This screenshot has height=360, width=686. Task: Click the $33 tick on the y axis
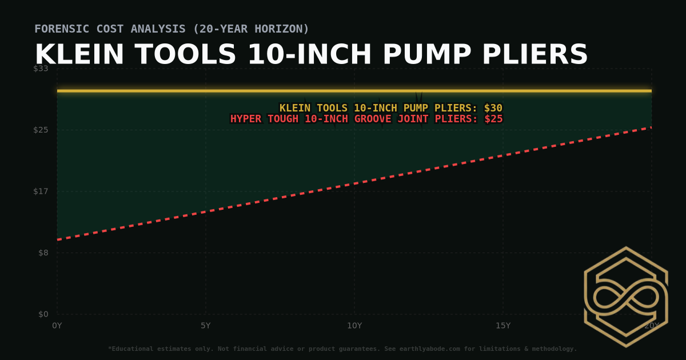click(x=41, y=69)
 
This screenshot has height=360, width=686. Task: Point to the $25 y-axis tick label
click(x=41, y=130)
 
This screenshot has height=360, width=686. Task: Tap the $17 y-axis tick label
click(x=41, y=191)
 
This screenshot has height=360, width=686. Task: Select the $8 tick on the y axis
click(x=43, y=253)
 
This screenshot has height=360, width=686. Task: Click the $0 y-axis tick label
click(x=43, y=314)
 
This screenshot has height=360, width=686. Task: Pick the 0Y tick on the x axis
click(x=57, y=326)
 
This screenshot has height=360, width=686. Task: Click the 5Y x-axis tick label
click(x=205, y=326)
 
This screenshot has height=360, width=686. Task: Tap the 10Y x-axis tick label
click(x=354, y=326)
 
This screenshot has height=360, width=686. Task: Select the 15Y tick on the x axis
click(x=502, y=326)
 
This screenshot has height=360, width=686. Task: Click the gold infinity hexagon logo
click(x=625, y=297)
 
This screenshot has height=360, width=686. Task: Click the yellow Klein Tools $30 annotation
click(x=390, y=108)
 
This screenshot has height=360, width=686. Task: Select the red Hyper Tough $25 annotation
click(x=366, y=119)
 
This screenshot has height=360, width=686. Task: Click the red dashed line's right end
click(x=651, y=127)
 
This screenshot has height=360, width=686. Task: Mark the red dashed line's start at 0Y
click(x=58, y=239)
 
